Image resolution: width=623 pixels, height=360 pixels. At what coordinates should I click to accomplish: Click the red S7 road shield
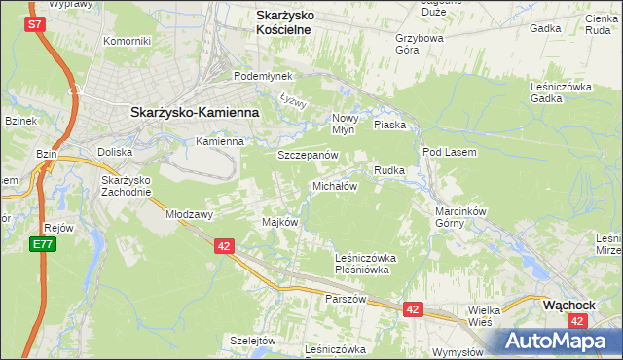[x=36, y=25]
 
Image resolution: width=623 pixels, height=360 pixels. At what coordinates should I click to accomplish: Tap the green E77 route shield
[x=41, y=245]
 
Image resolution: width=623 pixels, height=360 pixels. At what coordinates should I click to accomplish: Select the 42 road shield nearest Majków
[x=225, y=247]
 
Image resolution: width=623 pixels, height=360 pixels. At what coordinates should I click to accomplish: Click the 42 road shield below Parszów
[x=413, y=309]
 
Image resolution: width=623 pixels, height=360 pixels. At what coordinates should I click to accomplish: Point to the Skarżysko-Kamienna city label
[x=195, y=112]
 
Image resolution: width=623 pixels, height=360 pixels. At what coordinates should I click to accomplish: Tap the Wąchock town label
[x=569, y=304]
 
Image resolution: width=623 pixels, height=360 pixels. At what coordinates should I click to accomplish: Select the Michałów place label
[x=335, y=186]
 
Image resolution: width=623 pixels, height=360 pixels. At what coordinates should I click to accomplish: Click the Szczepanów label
[x=308, y=156]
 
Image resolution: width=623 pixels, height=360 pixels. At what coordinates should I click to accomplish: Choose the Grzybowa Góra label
[x=420, y=45]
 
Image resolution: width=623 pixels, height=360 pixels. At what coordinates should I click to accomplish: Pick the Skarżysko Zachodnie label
[x=126, y=186]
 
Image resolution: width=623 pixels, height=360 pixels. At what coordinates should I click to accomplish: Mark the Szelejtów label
[x=254, y=341]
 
